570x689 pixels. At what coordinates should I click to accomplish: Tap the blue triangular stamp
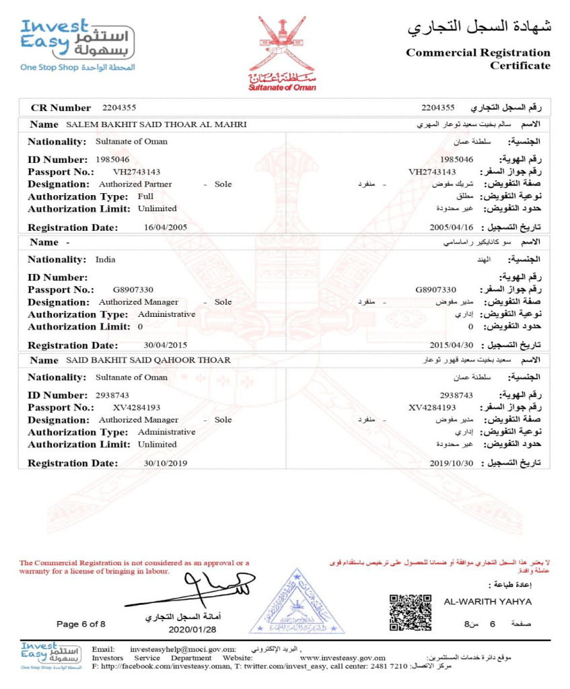(297, 604)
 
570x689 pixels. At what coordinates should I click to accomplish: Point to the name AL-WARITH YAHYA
(488, 601)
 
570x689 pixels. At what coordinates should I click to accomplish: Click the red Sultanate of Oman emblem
(282, 52)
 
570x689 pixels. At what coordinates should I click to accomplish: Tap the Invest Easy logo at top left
(77, 44)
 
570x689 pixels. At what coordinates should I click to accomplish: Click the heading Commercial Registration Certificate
(478, 59)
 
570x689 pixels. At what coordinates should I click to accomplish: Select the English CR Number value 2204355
(120, 108)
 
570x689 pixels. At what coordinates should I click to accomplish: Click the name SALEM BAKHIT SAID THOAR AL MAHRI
(157, 124)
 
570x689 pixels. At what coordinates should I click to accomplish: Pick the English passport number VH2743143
(137, 172)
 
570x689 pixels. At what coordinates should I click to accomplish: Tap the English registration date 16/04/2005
(166, 227)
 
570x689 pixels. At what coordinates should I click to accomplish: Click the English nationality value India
(106, 259)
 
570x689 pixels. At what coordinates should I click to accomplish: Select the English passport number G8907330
(135, 290)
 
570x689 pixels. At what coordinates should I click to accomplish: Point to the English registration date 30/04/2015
(166, 345)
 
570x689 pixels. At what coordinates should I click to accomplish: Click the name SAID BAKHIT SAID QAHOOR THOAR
(148, 360)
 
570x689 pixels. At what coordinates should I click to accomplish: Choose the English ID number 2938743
(113, 395)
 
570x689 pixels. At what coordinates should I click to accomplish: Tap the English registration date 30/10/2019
(166, 463)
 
